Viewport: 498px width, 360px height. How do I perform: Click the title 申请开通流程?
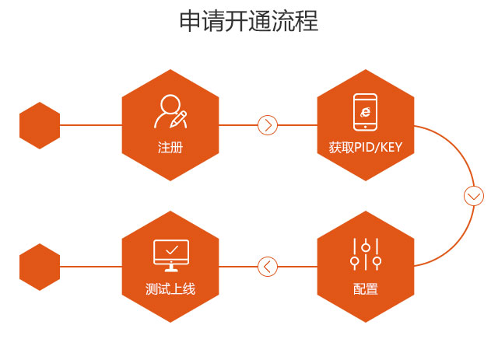[x=249, y=21]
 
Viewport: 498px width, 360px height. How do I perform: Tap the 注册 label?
[x=170, y=147]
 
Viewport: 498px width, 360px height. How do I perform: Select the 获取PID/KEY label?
[x=366, y=147]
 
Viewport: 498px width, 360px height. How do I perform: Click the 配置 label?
[x=366, y=290]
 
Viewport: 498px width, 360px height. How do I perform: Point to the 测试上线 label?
[x=170, y=290]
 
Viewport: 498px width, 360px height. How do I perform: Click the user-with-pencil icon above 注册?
[x=170, y=111]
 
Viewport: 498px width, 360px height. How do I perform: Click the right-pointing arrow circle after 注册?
[x=268, y=124]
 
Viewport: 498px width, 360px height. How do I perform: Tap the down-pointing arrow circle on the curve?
[x=473, y=196]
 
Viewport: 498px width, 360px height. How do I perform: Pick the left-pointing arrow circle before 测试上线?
[x=268, y=267]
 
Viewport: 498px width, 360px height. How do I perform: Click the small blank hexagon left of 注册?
[x=40, y=125]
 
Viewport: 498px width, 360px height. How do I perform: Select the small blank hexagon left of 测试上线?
[x=40, y=267]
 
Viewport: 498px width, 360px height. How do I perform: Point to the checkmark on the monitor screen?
[x=171, y=250]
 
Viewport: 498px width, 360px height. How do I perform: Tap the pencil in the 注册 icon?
[x=181, y=118]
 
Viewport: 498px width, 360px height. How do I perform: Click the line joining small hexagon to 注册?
[x=90, y=125]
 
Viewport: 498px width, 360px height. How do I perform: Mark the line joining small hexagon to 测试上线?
[x=90, y=267]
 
